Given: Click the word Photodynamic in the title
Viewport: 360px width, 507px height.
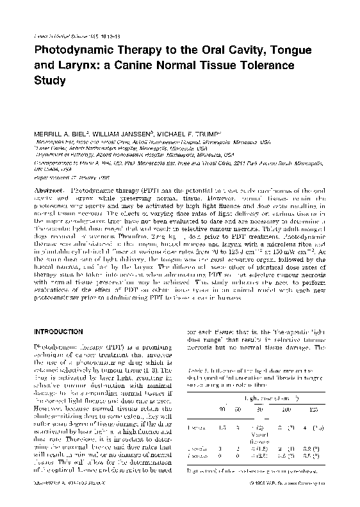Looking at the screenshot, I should point(74,51).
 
